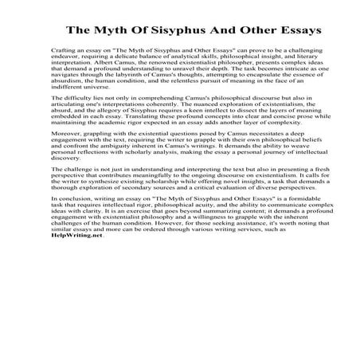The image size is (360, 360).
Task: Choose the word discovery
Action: (x=64, y=200)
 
